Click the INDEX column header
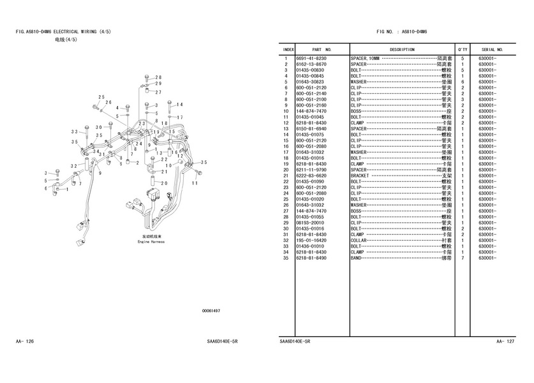pos(288,49)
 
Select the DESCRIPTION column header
pos(402,49)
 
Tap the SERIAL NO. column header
pos(492,49)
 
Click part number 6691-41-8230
pos(311,59)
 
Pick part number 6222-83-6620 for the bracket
pos(311,176)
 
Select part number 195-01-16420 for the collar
pos(311,241)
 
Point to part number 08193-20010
pos(311,223)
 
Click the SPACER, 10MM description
pos(365,59)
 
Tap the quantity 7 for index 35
pos(462,258)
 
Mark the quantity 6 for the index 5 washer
pos(462,82)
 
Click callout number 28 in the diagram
pos(158,77)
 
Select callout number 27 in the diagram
pos(158,93)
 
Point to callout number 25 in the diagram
pos(101,97)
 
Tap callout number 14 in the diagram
pos(179,105)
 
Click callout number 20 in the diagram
pos(164,183)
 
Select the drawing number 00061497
pos(211,311)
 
